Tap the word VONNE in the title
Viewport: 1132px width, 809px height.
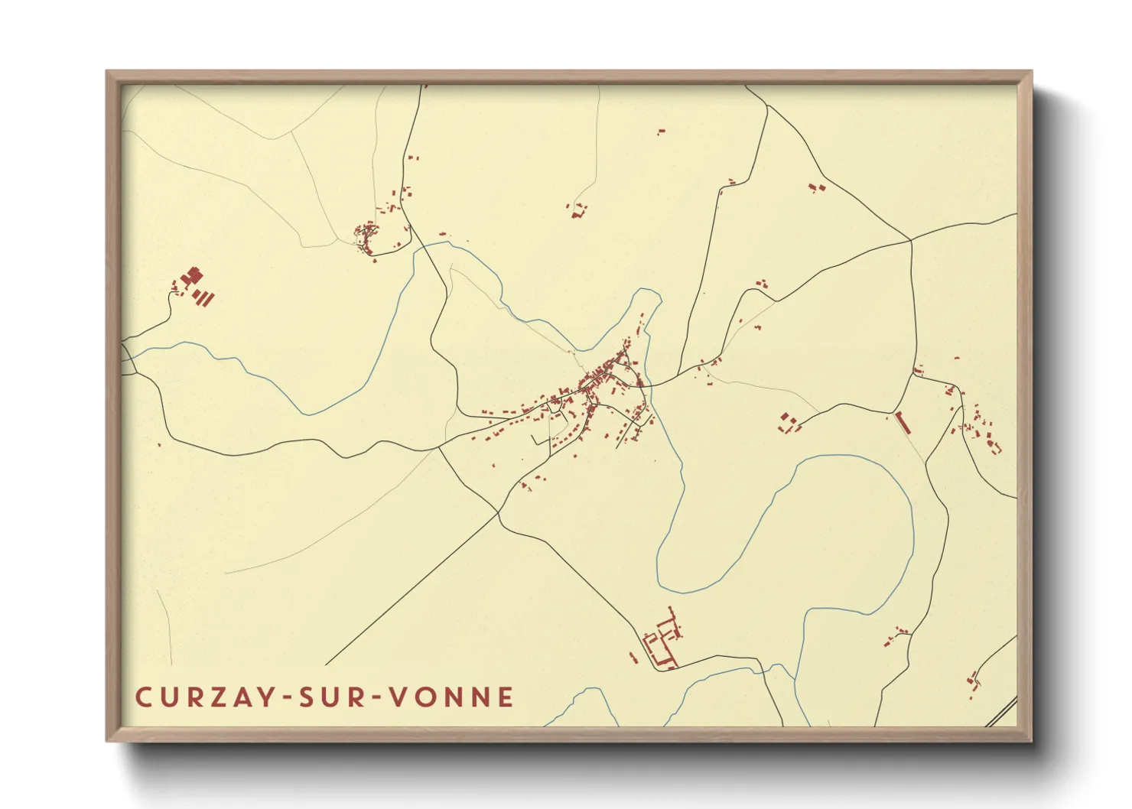pyautogui.click(x=451, y=697)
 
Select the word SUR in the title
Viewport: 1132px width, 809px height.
pyautogui.click(x=330, y=697)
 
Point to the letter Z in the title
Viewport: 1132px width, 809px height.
pyautogui.click(x=218, y=697)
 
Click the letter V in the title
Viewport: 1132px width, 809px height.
pyautogui.click(x=398, y=697)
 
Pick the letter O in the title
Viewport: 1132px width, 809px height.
pyautogui.click(x=424, y=697)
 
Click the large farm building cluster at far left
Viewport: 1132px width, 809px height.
pyautogui.click(x=194, y=285)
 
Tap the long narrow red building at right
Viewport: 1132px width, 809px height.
pyautogui.click(x=901, y=423)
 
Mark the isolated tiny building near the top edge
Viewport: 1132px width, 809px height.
pyautogui.click(x=661, y=132)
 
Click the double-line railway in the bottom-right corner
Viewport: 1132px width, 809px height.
pyautogui.click(x=1002, y=711)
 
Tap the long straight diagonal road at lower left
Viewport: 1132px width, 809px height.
pyautogui.click(x=413, y=589)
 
